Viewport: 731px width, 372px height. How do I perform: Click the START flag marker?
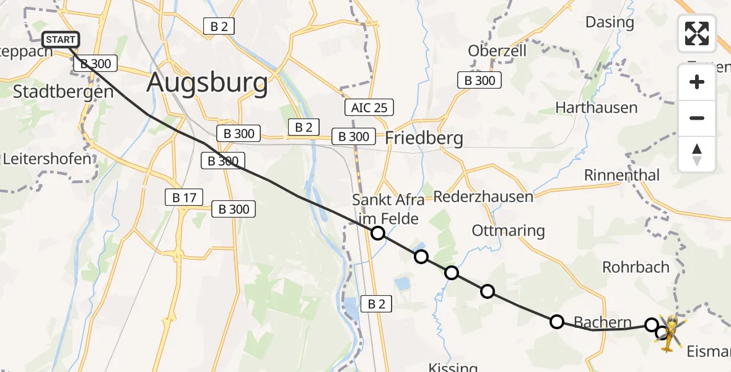(61, 40)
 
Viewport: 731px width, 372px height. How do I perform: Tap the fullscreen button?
(697, 33)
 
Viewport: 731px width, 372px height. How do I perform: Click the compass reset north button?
(697, 154)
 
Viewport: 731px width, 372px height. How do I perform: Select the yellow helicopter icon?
(668, 332)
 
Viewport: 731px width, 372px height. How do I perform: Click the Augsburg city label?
(208, 83)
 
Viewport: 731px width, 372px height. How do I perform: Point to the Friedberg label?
(424, 138)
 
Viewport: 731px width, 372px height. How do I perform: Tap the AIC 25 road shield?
(369, 108)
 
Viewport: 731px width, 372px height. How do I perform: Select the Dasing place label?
(610, 23)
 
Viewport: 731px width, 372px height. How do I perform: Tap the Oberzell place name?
(497, 51)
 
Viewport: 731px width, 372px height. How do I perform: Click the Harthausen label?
(596, 108)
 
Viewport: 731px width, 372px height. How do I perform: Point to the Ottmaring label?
(508, 231)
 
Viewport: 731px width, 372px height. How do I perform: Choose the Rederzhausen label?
(483, 197)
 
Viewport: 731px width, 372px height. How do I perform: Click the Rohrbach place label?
(636, 267)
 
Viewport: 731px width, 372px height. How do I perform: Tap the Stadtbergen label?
(63, 92)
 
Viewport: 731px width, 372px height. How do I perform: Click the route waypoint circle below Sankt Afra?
(378, 233)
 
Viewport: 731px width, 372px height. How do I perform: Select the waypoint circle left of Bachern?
(556, 321)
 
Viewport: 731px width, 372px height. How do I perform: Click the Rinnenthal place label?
(621, 175)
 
